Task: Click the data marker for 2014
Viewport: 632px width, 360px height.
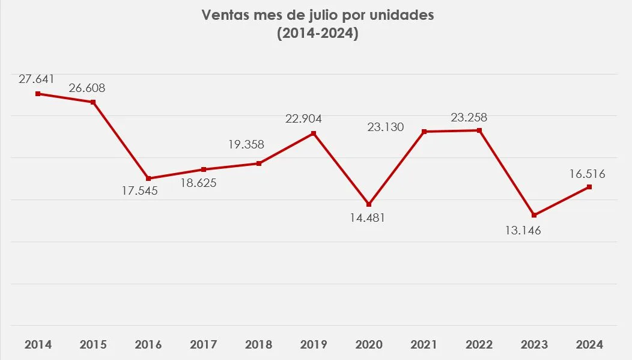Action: coord(38,94)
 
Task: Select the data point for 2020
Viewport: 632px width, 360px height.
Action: coord(369,204)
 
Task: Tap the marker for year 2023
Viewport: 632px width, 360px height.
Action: coord(534,215)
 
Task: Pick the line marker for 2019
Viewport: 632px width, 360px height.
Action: coord(314,133)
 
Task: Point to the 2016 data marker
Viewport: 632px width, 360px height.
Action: coord(148,178)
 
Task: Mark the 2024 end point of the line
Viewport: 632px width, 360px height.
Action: coord(589,187)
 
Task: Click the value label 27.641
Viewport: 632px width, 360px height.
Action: coord(37,78)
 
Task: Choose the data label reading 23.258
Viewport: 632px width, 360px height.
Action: coord(469,118)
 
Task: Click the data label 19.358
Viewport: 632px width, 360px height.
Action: coord(246,144)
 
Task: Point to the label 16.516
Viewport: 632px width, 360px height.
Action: coord(586,174)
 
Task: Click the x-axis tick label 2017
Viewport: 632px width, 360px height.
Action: coord(204,345)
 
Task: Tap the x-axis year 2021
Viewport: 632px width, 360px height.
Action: coord(424,345)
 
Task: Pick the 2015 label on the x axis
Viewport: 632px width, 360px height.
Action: coord(93,345)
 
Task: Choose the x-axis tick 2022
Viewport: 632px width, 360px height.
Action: coord(479,345)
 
